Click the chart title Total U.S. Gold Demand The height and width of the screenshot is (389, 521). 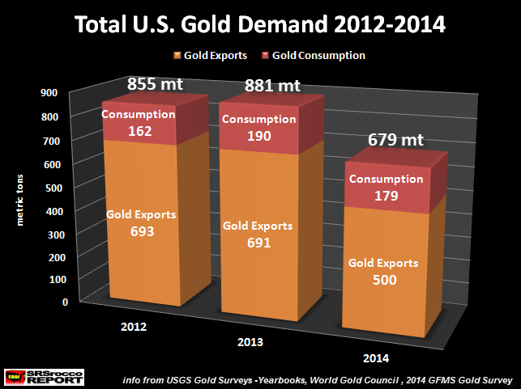[260, 25]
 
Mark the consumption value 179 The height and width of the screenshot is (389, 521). [385, 195]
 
